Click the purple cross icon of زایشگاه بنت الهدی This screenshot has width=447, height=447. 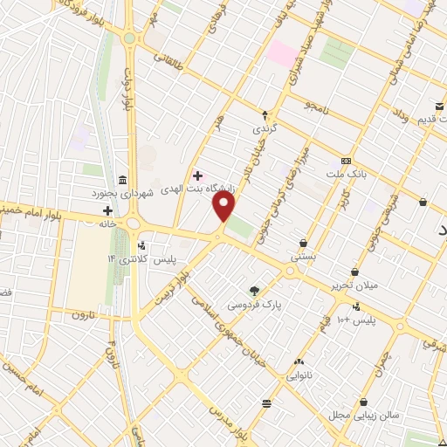(197, 175)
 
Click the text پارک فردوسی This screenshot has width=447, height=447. (249, 306)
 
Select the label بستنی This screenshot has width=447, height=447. (302, 258)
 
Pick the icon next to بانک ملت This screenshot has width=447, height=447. (347, 161)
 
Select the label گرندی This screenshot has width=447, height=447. (265, 127)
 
